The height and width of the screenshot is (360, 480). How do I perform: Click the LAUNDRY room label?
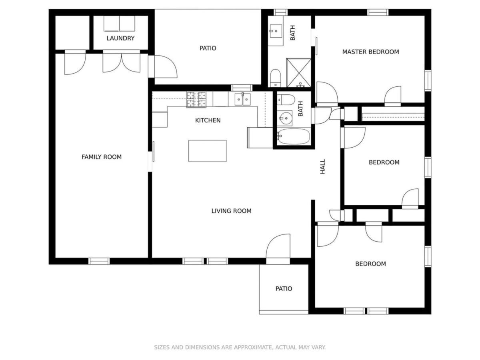120,38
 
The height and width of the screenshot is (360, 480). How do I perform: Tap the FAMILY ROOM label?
102,157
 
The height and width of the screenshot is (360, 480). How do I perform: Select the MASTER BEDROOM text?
370,52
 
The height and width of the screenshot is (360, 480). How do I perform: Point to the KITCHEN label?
208,120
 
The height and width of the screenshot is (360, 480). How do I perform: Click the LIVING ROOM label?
231,211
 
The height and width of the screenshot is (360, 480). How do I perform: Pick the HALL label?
322,166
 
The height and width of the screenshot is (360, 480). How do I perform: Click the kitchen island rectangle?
207,151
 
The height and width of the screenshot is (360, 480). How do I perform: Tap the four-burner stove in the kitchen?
196,100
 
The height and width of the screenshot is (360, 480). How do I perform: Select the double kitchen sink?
242,99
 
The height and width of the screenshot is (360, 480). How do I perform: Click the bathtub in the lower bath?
293,136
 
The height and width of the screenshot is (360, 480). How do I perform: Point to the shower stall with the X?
298,72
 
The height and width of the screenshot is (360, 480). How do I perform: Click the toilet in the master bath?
275,78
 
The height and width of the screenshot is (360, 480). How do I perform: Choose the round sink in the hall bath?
285,118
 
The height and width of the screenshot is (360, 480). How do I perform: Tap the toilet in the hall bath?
286,100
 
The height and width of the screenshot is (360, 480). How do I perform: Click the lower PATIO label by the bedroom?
284,288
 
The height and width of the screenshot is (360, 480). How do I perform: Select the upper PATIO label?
208,48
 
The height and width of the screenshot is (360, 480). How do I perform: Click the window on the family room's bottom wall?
99,261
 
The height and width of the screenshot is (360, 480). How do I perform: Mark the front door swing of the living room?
278,246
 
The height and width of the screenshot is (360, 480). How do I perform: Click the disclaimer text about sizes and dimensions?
240,347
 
